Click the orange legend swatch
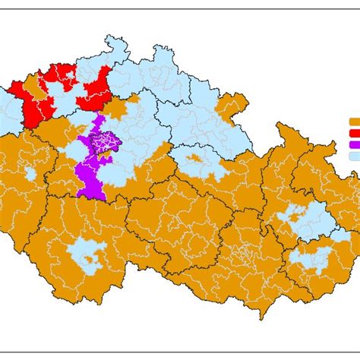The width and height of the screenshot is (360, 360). (354, 121)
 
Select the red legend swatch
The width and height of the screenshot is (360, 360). (354, 132)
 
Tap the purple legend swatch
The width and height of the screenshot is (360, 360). (354, 144)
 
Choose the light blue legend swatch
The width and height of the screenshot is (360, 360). (354, 156)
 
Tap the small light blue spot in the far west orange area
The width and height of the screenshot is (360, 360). (30, 174)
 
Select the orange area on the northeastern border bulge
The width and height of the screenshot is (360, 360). (232, 106)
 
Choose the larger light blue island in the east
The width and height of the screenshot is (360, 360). (308, 220)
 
